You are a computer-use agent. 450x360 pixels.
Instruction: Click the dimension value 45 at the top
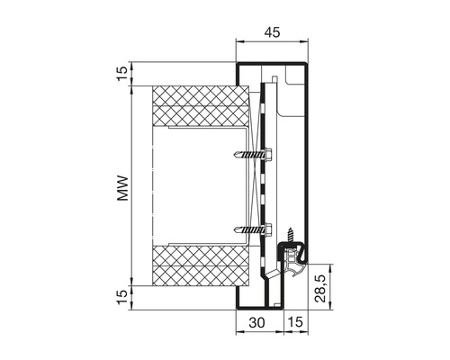(x=272, y=31)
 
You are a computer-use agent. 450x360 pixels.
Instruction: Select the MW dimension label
(x=122, y=188)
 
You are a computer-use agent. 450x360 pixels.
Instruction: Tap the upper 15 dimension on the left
(x=122, y=74)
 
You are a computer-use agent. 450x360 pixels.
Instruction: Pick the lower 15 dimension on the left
(x=122, y=298)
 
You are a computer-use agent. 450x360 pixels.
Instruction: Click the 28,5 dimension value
(x=320, y=289)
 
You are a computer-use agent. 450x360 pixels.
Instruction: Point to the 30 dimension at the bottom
(x=257, y=322)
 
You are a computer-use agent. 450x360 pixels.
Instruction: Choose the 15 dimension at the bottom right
(x=295, y=322)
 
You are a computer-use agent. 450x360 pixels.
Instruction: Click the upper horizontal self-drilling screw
(x=253, y=154)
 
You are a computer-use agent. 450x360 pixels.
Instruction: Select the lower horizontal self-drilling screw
(x=253, y=229)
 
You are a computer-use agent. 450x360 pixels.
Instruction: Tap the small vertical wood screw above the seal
(x=291, y=235)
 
